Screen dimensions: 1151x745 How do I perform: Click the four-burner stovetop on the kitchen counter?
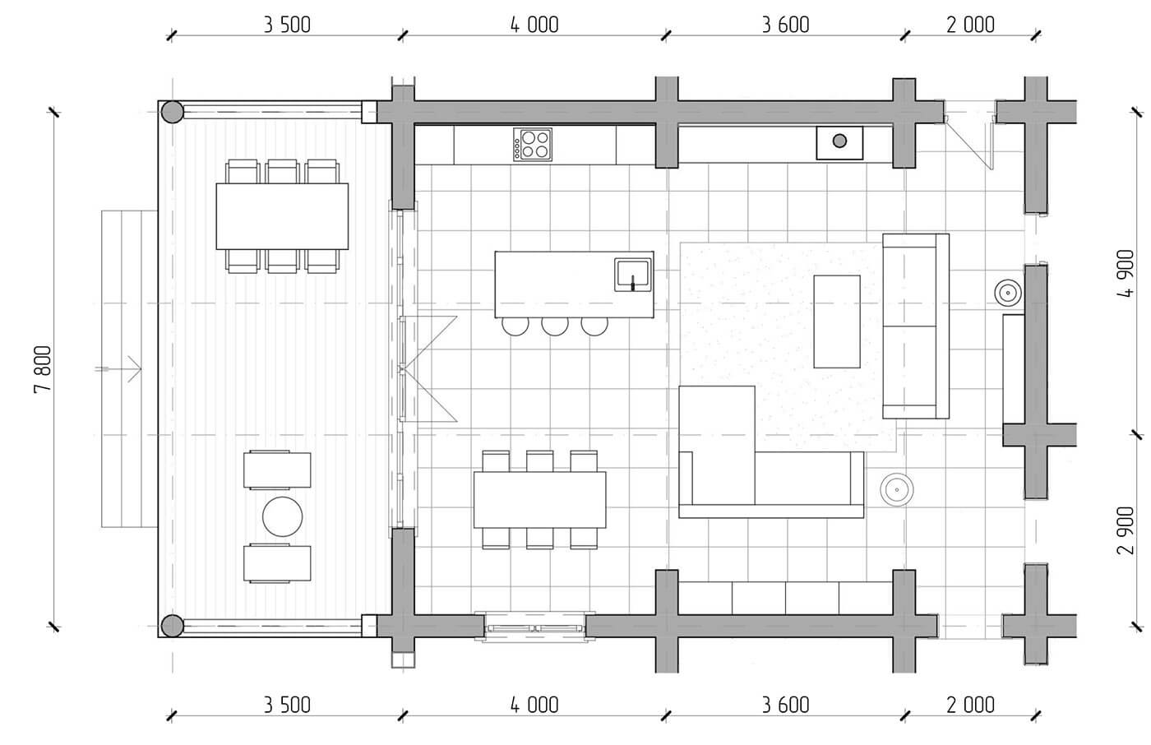[533, 145]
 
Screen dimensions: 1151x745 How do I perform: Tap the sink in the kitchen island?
[632, 275]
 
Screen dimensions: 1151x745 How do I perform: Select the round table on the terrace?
[282, 516]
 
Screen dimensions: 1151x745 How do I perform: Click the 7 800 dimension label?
[43, 369]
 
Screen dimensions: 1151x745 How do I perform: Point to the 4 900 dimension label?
[1126, 273]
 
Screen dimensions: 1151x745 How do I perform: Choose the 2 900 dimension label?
[1126, 530]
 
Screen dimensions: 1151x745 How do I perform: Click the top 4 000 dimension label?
[534, 25]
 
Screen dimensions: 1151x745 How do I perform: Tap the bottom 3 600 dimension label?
[786, 705]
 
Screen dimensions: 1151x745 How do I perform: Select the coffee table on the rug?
[837, 322]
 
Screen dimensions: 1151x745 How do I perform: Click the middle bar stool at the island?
[555, 326]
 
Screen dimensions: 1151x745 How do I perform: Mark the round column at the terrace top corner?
[172, 112]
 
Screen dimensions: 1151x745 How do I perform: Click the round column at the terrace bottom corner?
[172, 626]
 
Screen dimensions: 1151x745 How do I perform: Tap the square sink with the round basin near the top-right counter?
[839, 143]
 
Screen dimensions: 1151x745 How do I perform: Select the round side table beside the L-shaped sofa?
[897, 489]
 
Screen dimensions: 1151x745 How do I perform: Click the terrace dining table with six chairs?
[282, 216]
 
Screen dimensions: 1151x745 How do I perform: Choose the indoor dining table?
[539, 500]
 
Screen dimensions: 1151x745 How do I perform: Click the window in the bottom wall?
[534, 627]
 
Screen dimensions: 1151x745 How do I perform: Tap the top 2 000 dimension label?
[971, 25]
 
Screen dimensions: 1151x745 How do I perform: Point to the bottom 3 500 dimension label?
[287, 705]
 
